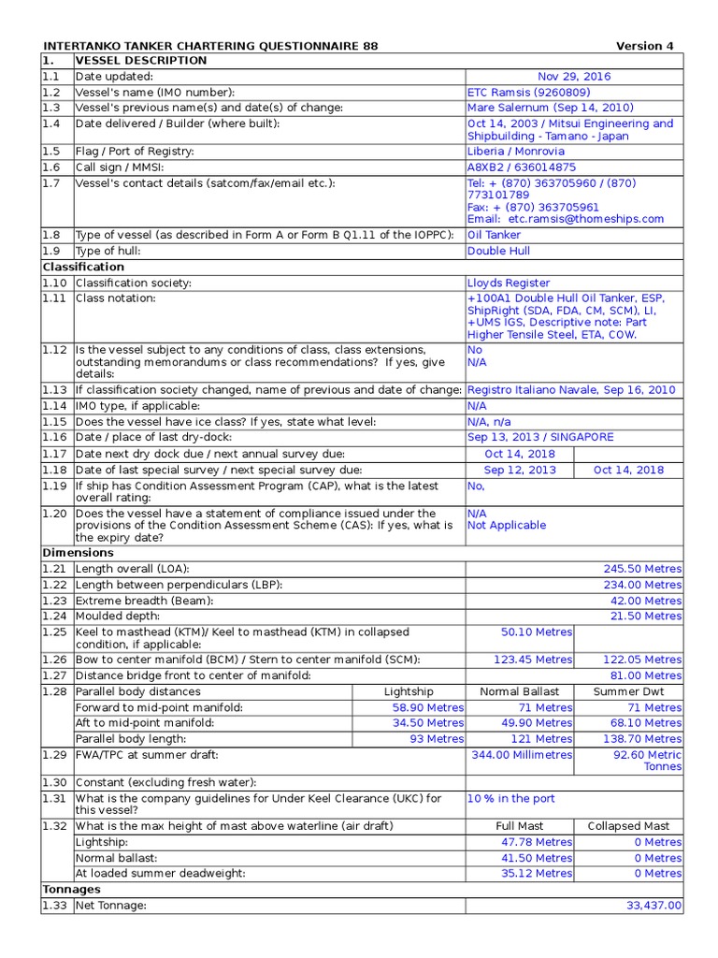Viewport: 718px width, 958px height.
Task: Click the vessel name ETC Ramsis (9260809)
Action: click(528, 93)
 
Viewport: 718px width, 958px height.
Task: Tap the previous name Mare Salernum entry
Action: click(550, 108)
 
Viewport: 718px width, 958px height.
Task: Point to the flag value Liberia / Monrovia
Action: click(516, 152)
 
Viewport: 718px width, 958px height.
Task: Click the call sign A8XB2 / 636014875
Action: click(522, 167)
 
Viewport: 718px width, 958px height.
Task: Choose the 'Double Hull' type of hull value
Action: click(498, 251)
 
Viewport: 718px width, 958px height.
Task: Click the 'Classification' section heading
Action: click(83, 267)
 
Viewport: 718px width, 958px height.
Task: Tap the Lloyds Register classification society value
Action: click(509, 283)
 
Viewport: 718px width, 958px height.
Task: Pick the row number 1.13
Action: click(55, 390)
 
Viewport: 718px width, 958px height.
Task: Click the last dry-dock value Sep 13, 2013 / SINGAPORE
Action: click(540, 437)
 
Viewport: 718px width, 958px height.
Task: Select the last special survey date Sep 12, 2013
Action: click(520, 470)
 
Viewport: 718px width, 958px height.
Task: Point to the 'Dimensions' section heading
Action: click(79, 553)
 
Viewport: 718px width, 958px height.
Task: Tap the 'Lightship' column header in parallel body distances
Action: click(409, 691)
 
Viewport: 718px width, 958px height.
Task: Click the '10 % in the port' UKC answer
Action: click(511, 799)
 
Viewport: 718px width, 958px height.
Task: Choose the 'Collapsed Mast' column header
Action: click(628, 826)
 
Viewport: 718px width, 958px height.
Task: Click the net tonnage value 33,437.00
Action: click(653, 906)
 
